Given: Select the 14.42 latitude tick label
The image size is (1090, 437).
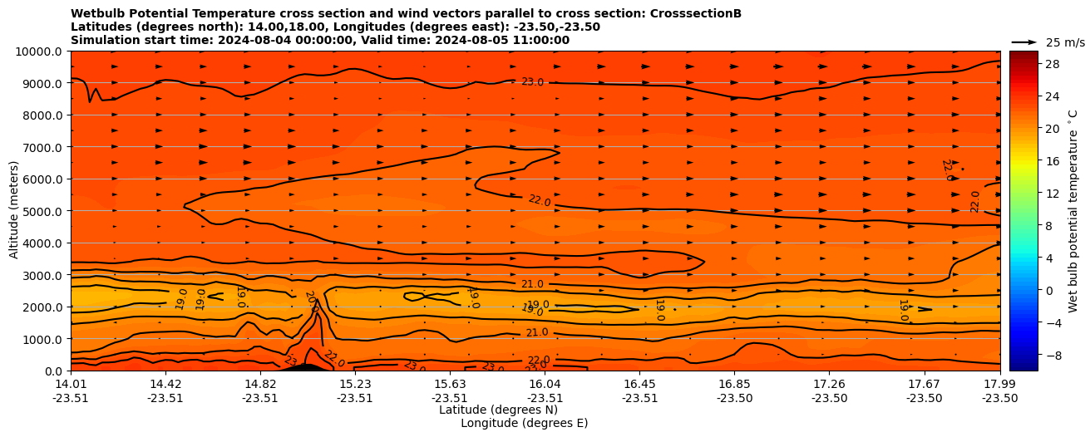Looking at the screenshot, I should [165, 384].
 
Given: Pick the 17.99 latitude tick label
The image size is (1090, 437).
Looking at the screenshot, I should [999, 384].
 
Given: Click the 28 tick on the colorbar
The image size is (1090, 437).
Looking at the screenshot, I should [1052, 64].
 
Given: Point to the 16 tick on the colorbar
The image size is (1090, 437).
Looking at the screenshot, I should [1052, 161].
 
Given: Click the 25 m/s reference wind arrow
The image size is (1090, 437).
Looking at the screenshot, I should [1024, 42].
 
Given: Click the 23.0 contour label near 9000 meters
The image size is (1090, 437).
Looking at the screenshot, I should [532, 81].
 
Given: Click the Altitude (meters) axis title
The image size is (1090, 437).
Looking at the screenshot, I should [14, 211].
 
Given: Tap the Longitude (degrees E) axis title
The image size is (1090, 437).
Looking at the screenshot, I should [524, 423].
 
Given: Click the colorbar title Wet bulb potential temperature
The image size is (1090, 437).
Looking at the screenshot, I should [1073, 211].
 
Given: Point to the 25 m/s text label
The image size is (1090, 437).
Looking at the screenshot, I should [1065, 42].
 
